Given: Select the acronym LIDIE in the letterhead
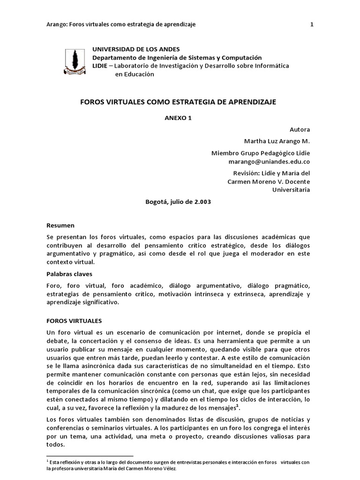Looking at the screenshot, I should pos(100,66).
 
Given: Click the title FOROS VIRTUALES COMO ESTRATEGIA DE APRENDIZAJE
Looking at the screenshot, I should pos(180,102).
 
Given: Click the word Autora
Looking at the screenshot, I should pos(300,129).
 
